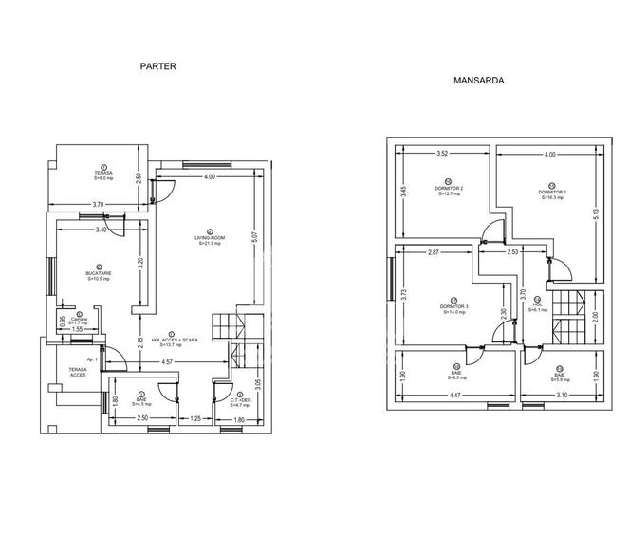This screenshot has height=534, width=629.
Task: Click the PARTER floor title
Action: [158, 66]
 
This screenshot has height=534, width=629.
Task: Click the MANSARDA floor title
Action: [478, 82]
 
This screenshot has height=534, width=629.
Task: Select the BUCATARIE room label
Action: [100, 273]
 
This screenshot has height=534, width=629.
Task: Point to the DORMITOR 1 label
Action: [552, 193]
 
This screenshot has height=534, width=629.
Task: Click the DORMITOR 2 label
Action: [449, 189]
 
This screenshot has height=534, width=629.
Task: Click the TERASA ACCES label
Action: [77, 371]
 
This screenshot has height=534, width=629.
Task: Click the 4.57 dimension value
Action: [166, 361]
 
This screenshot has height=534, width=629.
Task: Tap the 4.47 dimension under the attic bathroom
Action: [454, 395]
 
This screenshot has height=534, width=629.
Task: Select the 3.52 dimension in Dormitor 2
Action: [441, 154]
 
